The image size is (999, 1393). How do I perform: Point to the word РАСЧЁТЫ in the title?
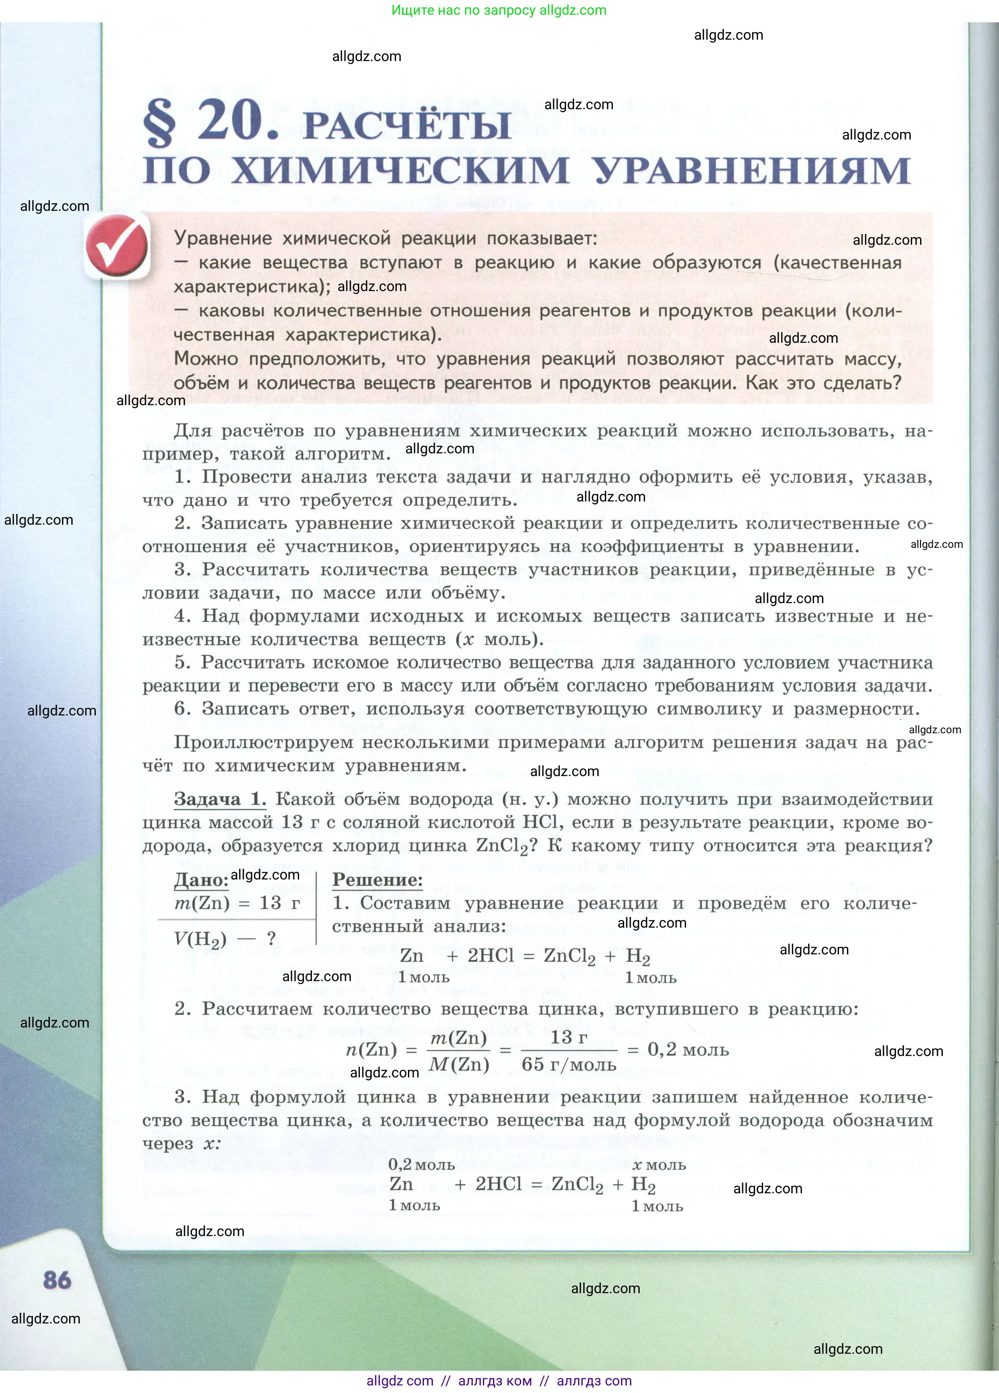point(407,126)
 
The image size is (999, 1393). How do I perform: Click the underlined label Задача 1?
point(219,799)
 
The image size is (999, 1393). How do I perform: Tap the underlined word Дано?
point(201,879)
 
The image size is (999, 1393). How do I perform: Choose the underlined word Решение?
point(377,879)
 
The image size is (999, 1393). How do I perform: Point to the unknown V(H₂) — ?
point(225,938)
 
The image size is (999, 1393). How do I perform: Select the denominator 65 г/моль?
point(568,1064)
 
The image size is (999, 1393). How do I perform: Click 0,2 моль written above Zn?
point(421,1164)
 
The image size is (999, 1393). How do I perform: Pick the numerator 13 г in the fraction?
point(568,1037)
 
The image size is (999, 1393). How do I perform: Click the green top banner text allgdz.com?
point(498,10)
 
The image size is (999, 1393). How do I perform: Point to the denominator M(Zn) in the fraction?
point(459,1064)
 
